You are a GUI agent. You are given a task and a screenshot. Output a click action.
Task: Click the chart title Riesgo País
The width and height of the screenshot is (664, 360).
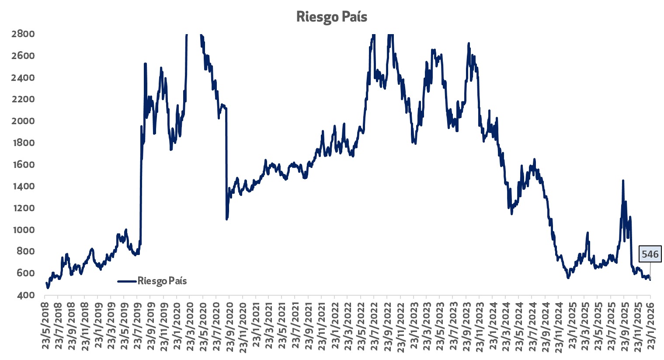(332, 17)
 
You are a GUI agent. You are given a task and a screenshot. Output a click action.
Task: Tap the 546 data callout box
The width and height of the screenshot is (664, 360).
(650, 254)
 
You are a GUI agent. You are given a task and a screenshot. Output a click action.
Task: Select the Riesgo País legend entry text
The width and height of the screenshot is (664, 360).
(162, 281)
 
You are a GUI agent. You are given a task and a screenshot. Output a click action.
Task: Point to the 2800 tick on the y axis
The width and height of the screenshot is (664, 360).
(23, 34)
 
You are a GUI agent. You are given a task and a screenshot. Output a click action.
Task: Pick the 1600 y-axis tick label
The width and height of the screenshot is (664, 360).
(23, 165)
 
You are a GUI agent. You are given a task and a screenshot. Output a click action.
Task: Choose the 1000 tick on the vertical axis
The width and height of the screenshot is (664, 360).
(23, 230)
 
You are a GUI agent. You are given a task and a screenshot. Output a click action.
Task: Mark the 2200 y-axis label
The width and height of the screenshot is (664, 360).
(23, 99)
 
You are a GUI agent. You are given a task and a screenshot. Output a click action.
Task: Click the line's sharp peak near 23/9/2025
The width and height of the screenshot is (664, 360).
(623, 180)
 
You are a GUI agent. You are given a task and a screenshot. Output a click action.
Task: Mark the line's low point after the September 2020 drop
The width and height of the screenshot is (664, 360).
(226, 219)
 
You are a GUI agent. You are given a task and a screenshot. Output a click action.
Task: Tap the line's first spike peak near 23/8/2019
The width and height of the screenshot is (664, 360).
(145, 64)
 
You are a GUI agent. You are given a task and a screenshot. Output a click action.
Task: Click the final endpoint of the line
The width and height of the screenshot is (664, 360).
(650, 280)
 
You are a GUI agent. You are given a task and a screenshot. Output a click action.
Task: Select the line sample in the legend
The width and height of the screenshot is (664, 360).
(127, 281)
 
